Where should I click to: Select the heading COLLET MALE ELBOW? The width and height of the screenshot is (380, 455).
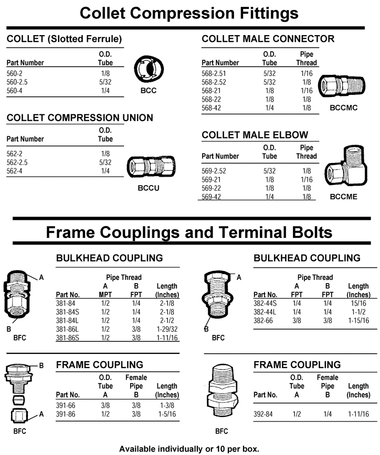255,135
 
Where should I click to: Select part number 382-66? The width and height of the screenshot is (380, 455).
264,320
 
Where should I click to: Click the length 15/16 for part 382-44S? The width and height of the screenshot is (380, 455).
358,302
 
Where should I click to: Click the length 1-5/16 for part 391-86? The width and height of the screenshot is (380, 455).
167,414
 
